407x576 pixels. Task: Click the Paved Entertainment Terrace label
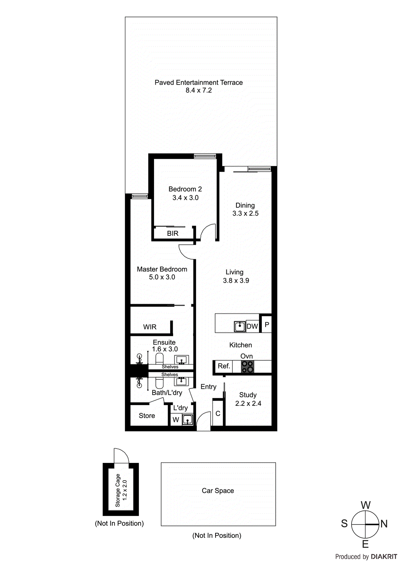199,82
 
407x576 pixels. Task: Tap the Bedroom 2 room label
185,189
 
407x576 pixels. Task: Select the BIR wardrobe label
173,234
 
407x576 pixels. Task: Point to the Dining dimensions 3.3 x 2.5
245,213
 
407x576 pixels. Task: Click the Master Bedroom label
162,269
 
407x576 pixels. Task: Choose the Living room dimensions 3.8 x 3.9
236,281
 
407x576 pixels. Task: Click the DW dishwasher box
252,326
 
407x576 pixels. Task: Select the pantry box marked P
267,325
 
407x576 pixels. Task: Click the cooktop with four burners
248,366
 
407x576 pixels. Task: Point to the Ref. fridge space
223,366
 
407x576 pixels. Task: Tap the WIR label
150,327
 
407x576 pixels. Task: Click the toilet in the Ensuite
159,359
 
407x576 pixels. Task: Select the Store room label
147,416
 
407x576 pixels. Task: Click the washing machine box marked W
176,420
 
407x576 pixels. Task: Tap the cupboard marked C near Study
218,414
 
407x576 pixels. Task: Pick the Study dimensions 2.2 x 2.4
248,404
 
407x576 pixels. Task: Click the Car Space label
218,491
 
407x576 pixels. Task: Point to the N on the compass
384,524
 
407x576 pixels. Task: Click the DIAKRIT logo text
384,557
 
